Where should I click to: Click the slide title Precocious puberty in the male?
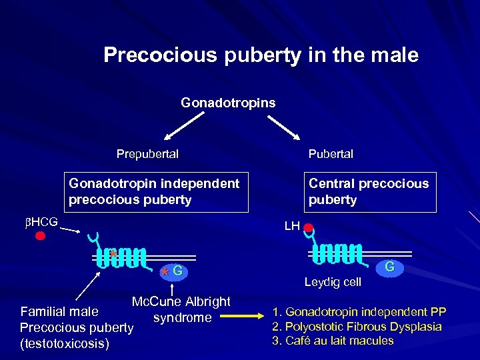click(261, 55)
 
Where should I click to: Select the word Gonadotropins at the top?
click(228, 103)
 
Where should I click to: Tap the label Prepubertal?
click(147, 154)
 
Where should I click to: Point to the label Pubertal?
click(331, 154)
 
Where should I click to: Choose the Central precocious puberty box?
click(369, 191)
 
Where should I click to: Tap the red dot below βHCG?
click(41, 236)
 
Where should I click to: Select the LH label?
click(291, 226)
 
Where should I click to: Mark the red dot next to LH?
click(308, 228)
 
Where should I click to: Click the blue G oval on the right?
click(390, 267)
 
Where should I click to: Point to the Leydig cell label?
click(333, 282)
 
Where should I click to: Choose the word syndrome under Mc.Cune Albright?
click(181, 317)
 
